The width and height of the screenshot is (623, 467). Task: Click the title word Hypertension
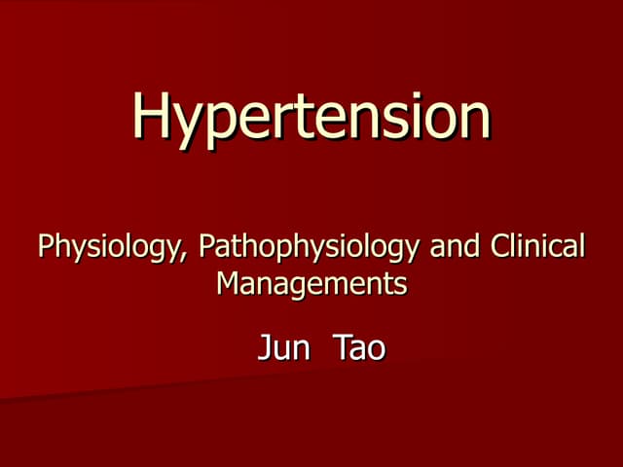point(311,117)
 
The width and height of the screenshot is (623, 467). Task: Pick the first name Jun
point(282,347)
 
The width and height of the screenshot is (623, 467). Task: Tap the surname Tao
point(359,347)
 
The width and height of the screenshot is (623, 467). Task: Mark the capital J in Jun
point(264,347)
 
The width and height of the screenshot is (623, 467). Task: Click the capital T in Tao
point(342,347)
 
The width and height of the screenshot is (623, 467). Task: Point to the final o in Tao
point(376,350)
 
